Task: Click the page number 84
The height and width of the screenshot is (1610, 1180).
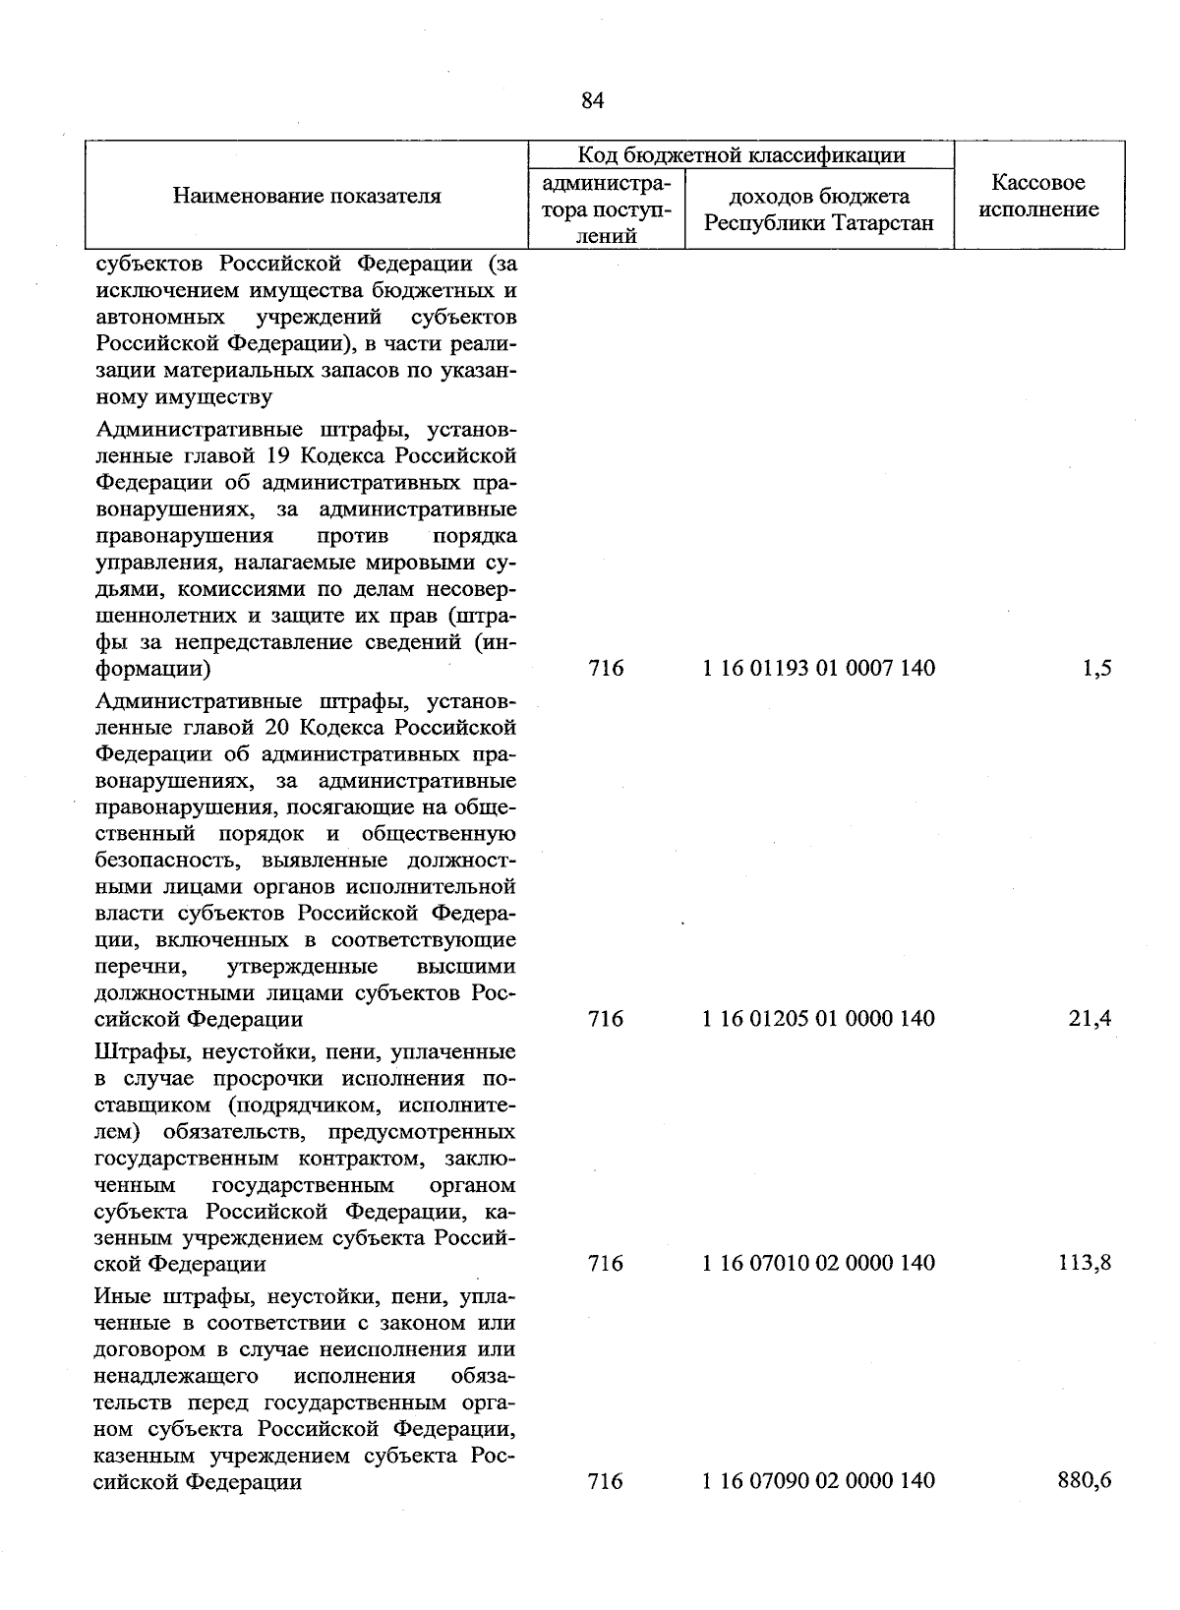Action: [x=592, y=100]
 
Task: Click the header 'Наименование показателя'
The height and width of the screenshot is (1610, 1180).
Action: [x=307, y=196]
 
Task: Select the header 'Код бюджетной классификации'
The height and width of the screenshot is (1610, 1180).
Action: [x=740, y=155]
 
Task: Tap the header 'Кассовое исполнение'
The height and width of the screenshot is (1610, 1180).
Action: [x=1038, y=196]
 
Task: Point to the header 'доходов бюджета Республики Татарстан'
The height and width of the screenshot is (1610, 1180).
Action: [x=818, y=209]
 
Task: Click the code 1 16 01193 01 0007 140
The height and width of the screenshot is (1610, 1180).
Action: [x=818, y=669]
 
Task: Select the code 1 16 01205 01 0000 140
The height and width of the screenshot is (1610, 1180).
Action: [x=818, y=1019]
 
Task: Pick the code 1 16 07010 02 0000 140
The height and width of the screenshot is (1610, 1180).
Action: [x=818, y=1263]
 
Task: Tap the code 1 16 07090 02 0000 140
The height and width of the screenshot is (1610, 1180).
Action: [x=818, y=1480]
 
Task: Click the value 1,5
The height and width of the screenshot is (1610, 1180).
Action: [x=1096, y=669]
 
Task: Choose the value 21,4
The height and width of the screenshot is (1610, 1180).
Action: [x=1091, y=1019]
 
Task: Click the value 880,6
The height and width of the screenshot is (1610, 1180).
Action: [x=1086, y=1480]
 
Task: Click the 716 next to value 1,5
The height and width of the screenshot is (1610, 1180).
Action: [x=606, y=669]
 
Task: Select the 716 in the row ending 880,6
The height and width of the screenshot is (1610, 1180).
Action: [x=606, y=1480]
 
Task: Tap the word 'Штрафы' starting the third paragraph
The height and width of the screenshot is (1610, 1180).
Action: [x=135, y=1052]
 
